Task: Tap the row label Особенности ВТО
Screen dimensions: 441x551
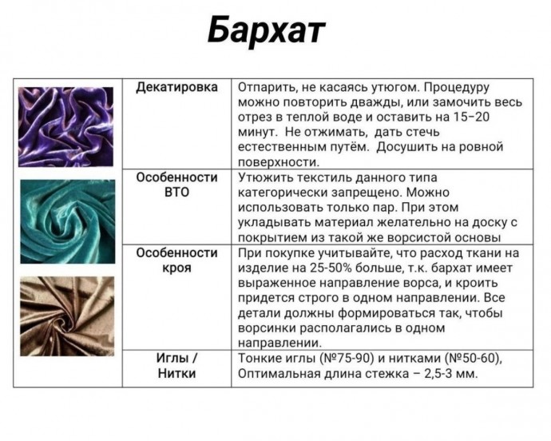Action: coord(176,185)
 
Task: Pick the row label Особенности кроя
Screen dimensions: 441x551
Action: coord(176,260)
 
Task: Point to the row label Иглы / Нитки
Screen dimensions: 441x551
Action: coord(176,365)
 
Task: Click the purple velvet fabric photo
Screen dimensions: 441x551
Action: coord(66,128)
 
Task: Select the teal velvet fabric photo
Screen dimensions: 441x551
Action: coord(67,221)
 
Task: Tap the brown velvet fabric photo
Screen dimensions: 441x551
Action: coord(67,316)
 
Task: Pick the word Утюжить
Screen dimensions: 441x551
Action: coord(265,177)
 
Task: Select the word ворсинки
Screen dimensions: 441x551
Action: coord(269,328)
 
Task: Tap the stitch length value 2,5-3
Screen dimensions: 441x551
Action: coord(446,373)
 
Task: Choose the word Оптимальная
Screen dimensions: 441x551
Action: coord(277,373)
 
